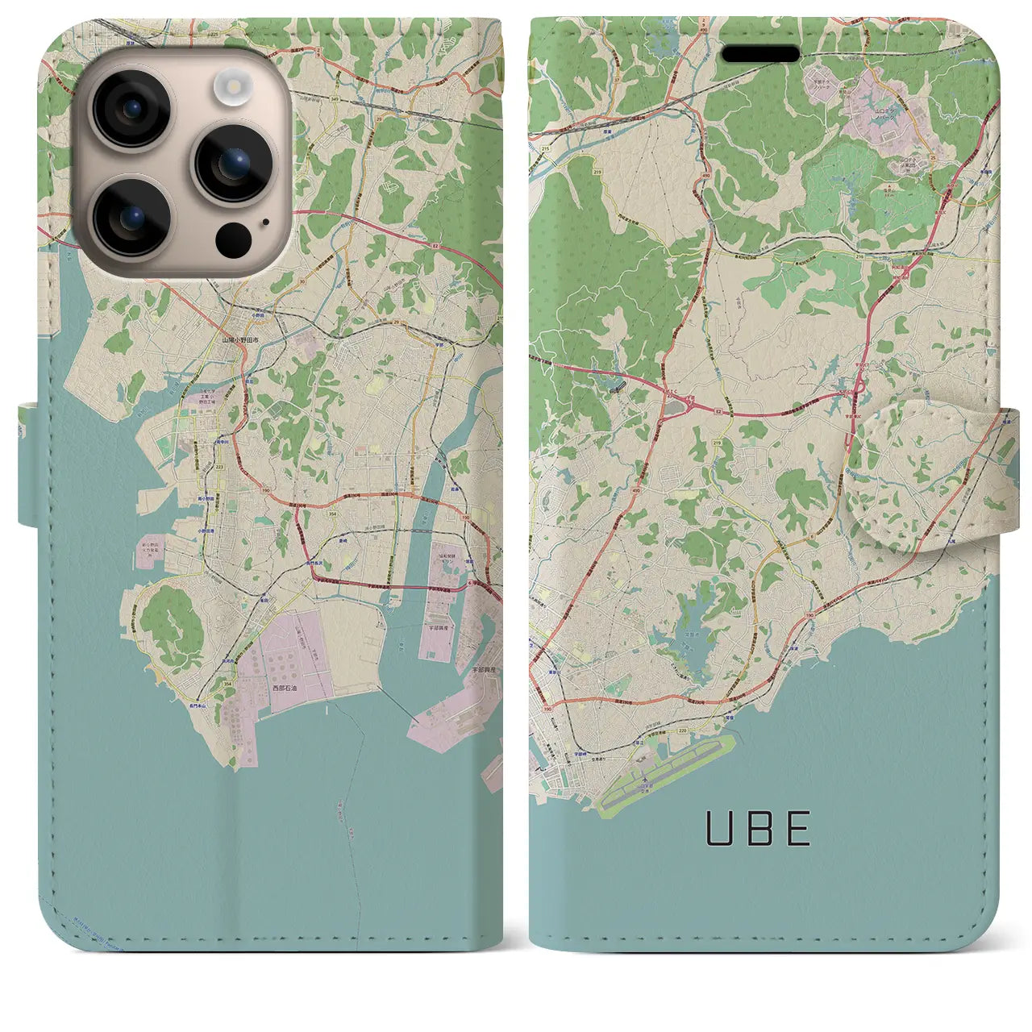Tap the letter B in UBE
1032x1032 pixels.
pyautogui.click(x=758, y=828)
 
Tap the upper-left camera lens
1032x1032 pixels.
pyautogui.click(x=131, y=110)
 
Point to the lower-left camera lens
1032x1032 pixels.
pyautogui.click(x=131, y=216)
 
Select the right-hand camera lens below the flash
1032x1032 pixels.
pyautogui.click(x=234, y=163)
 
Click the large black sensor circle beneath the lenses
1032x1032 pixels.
pyautogui.click(x=234, y=236)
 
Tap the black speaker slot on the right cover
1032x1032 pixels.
pyautogui.click(x=760, y=54)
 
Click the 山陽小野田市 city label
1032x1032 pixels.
pyautogui.click(x=240, y=341)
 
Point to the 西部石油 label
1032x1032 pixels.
pyautogui.click(x=285, y=689)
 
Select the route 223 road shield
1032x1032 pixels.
pyautogui.click(x=219, y=467)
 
